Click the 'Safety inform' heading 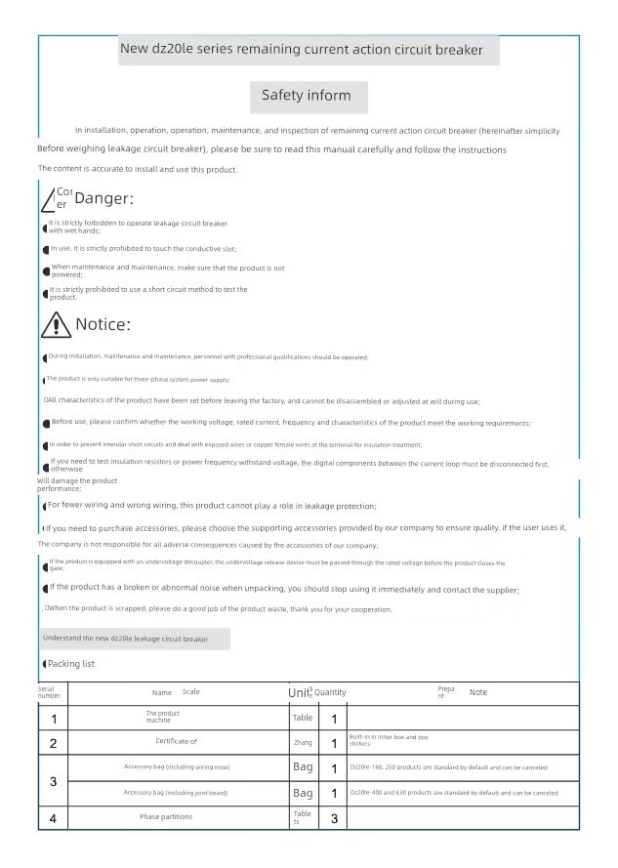point(308,96)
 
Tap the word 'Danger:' point(103,199)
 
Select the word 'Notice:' point(103,324)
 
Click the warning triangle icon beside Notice point(57,324)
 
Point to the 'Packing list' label point(71,664)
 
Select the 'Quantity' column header point(330,692)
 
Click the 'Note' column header point(478,692)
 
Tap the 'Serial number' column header point(49,692)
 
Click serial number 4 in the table point(53,818)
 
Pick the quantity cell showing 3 point(334,818)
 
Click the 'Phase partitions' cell point(166,816)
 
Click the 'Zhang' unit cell point(303,743)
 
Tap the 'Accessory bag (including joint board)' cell point(177,793)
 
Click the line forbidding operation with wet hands point(137,227)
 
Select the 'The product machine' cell point(163,717)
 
